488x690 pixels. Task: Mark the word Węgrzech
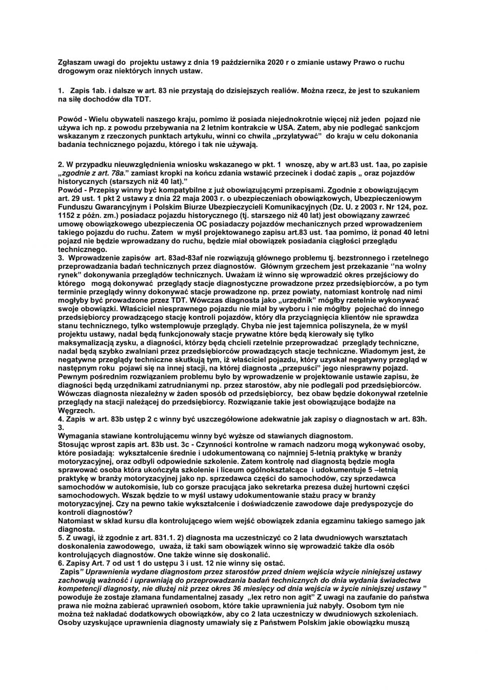[x=76, y=411]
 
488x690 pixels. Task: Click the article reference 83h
[x=418, y=419]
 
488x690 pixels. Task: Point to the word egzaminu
[x=352, y=521]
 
